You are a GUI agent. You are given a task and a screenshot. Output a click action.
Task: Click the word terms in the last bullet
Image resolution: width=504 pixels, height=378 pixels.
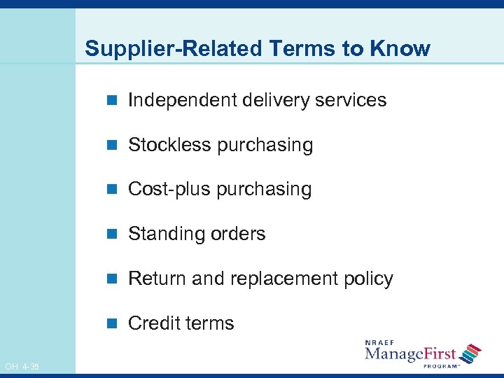[211, 323]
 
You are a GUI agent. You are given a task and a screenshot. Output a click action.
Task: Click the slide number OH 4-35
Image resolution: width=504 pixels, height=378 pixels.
[22, 367]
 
